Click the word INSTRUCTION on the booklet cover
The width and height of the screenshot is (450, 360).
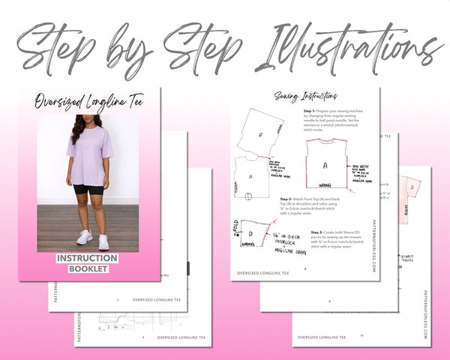pos(87,258)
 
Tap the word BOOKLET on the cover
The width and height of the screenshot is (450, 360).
pos(88,268)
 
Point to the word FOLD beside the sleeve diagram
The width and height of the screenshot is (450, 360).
pos(235,226)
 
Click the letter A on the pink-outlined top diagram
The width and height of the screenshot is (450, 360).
pos(325,166)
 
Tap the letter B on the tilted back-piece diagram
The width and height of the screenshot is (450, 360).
pos(260,136)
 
